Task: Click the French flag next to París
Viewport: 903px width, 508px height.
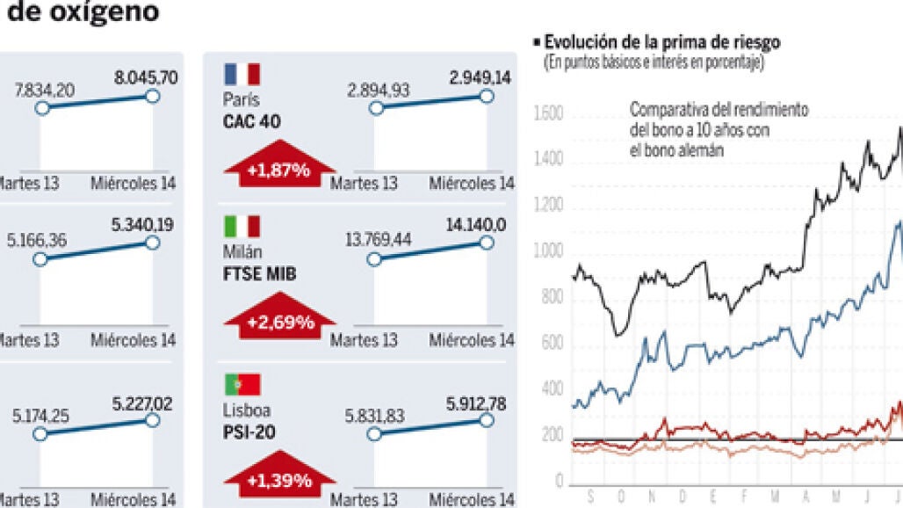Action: coord(242,74)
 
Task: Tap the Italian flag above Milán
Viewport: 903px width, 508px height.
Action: coord(242,226)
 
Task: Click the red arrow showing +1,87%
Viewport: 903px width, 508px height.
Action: coord(278,163)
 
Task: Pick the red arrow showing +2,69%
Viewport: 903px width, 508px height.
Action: coord(280,317)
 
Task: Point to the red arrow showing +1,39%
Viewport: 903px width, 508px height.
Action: coord(279,475)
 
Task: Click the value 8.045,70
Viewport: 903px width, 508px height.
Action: coord(146,77)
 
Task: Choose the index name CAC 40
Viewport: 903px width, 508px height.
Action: coord(252,121)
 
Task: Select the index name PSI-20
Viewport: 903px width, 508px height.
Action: coord(250,432)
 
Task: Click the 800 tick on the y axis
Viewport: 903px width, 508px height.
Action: coord(552,298)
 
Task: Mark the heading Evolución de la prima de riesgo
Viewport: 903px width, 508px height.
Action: coord(661,42)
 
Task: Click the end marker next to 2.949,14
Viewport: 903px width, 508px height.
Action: coord(488,95)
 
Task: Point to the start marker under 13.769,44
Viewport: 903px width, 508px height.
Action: coord(376,259)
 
